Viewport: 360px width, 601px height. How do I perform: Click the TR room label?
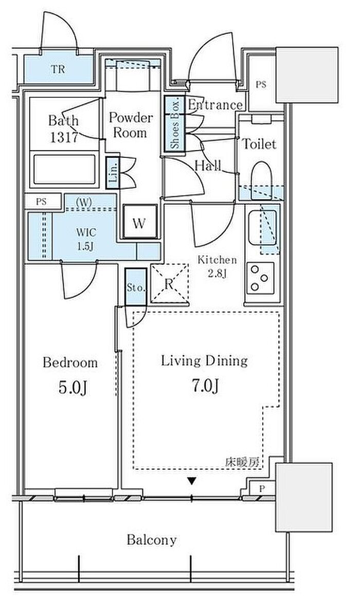(58, 69)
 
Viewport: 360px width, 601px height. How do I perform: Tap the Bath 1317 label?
(64, 129)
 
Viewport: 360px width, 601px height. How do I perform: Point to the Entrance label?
(214, 105)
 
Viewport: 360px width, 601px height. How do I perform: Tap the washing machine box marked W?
(139, 222)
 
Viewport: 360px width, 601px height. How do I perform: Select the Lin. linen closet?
(113, 173)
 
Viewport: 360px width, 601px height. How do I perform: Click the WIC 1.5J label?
(85, 239)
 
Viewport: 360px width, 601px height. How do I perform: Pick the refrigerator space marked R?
(169, 284)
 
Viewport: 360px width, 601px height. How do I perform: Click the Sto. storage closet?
(136, 287)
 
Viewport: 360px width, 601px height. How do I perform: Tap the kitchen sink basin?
(263, 229)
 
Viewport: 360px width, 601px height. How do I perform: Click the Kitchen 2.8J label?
(217, 266)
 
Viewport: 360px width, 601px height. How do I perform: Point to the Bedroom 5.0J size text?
(73, 388)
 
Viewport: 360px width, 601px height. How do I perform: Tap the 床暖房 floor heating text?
(242, 462)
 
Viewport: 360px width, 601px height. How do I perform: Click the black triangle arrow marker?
(192, 481)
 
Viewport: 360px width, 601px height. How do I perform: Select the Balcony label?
(152, 540)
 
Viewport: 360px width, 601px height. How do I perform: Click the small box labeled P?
(262, 488)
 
